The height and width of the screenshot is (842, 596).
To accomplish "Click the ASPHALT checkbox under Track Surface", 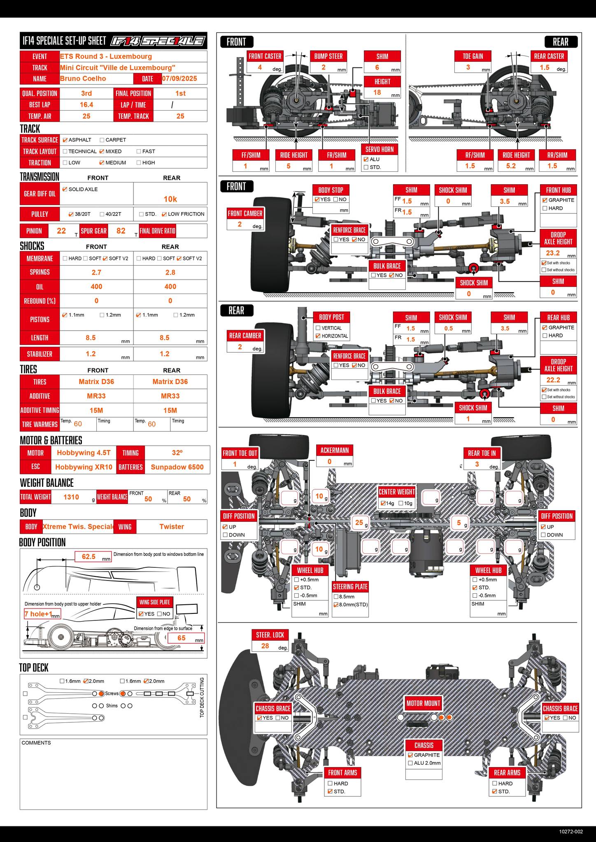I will click(65, 140).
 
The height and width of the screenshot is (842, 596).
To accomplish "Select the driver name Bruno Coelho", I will click(83, 79).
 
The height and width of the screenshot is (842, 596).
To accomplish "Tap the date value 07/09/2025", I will click(179, 79).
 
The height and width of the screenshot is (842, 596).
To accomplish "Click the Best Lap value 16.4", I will click(86, 105).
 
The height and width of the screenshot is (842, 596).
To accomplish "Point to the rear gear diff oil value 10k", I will click(170, 199).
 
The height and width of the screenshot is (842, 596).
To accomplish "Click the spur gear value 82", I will click(121, 231).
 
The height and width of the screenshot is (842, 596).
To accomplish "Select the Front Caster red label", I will click(265, 56).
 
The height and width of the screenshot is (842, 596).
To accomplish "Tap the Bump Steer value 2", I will click(324, 67).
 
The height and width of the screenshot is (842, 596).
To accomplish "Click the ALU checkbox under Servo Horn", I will click(366, 160).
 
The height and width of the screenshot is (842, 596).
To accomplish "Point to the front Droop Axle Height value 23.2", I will click(553, 253).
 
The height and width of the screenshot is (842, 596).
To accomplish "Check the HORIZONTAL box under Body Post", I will click(318, 336).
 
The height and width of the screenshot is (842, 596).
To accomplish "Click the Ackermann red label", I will click(334, 450).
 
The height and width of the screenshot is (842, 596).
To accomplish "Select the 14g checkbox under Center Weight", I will click(383, 503).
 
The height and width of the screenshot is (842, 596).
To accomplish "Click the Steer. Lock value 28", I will click(265, 646).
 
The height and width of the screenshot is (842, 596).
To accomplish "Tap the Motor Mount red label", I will click(423, 703).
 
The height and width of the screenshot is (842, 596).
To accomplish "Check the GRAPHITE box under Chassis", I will click(410, 755).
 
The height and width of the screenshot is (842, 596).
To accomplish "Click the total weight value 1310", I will click(71, 497).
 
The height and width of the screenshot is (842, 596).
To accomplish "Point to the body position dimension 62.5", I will click(88, 557).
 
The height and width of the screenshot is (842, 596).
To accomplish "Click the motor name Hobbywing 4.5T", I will click(84, 453).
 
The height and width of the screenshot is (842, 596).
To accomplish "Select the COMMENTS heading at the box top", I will click(36, 743).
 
